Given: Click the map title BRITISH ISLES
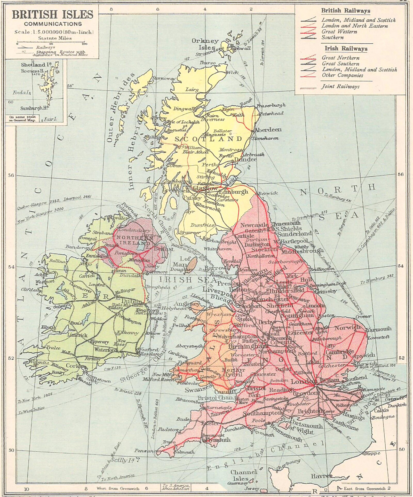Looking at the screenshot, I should coord(52,15).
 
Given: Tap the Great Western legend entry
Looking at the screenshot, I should coord(339,32).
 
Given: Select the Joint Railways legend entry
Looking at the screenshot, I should coord(340,87).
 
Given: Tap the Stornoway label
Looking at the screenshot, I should coord(164,78).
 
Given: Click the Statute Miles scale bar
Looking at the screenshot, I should coord(51,42).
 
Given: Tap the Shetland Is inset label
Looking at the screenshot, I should coord(36,65).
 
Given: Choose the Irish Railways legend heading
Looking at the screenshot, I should coord(346,49).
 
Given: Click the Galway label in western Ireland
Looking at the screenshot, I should coord(60,306).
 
